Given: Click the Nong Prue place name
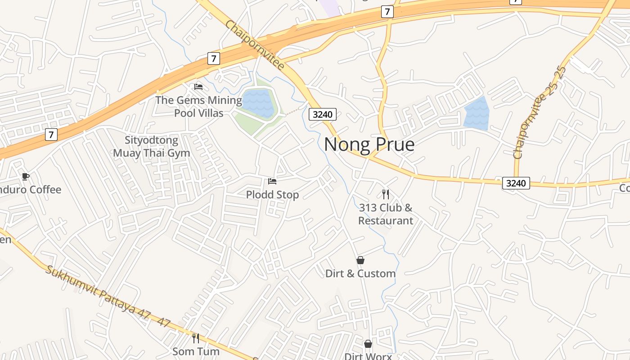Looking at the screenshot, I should [x=369, y=144].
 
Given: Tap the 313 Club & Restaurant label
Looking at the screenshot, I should [x=386, y=214].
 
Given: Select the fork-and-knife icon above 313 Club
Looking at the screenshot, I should [x=386, y=194].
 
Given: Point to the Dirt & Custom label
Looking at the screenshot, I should [x=360, y=274].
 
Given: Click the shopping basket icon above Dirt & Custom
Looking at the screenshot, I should [x=360, y=260].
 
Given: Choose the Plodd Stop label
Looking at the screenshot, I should [x=272, y=195].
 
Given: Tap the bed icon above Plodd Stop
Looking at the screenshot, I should [x=272, y=181].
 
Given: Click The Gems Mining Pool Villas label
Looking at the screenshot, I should [x=198, y=106].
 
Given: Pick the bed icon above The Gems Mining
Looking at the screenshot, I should [x=198, y=86].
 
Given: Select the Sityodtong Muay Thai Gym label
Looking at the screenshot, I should [x=152, y=147].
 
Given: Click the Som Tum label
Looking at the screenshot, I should [x=196, y=351].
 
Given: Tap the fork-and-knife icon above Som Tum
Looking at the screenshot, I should [x=196, y=338].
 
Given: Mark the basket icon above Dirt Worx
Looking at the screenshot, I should [x=368, y=344].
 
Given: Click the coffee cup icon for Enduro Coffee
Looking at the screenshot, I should [x=26, y=176].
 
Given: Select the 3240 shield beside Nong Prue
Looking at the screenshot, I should [x=323, y=114].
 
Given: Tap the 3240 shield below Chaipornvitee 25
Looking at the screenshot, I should [x=516, y=183].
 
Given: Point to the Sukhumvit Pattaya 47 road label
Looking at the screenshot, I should [x=108, y=297].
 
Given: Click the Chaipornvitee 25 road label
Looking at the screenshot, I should [x=540, y=112].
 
